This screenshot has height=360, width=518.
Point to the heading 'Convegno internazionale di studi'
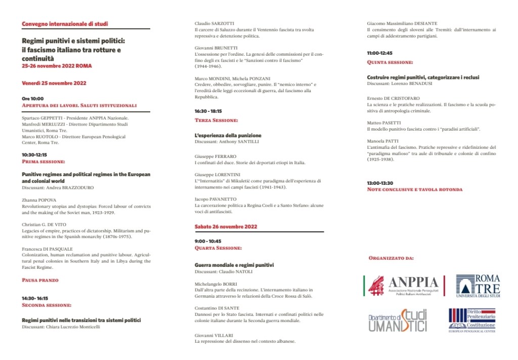click(x=65, y=24)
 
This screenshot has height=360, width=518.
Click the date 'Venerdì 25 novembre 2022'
click(x=54, y=83)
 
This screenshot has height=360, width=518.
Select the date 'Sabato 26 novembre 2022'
click(x=227, y=226)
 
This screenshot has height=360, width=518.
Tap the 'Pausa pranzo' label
click(x=40, y=280)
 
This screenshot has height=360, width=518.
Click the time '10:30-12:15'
click(x=34, y=155)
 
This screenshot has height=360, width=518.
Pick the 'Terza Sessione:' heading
click(x=216, y=120)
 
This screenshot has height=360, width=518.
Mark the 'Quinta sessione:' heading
click(x=390, y=62)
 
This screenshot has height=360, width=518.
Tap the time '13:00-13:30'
click(x=380, y=183)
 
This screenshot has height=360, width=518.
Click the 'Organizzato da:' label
click(x=391, y=258)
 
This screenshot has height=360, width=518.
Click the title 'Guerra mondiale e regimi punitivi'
click(x=234, y=265)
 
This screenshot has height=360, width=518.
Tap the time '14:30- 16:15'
click(x=35, y=299)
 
